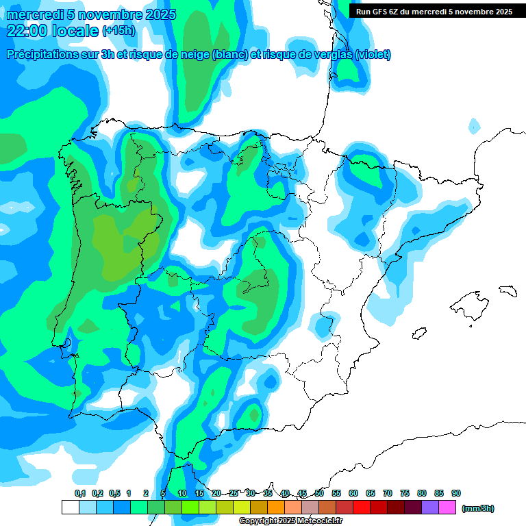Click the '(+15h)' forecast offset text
tap(118, 31)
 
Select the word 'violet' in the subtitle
tap(373, 55)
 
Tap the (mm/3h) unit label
tap(477, 508)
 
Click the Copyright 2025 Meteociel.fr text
tap(290, 521)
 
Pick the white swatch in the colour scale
tap(70, 508)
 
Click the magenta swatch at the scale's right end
tap(447, 508)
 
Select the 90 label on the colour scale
tap(456, 493)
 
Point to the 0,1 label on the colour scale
tap(79, 493)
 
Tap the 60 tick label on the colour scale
tap(353, 493)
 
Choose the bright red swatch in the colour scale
tap(362, 508)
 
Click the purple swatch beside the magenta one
tap(430, 508)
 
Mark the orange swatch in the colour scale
tap(276, 508)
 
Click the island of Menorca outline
tap(508, 290)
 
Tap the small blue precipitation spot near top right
tap(473, 125)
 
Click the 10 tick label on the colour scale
tap(182, 493)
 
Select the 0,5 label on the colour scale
tap(114, 493)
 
